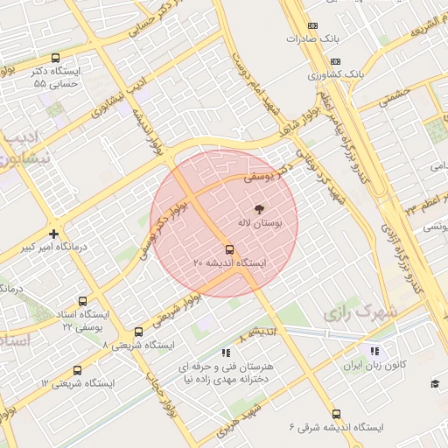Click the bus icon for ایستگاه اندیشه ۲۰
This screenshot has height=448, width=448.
pos(230,249)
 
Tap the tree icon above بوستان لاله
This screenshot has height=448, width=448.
pos(259,209)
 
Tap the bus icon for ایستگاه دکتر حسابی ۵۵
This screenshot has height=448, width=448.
pos(56,58)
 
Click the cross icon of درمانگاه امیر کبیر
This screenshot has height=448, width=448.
pos(54,234)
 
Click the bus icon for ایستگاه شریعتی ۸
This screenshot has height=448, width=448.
pos(138,332)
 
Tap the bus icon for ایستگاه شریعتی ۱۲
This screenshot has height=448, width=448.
pos(78,370)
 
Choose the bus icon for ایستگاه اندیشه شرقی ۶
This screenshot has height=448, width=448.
pos(336,414)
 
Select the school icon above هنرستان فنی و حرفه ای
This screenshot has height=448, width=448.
pos(226,353)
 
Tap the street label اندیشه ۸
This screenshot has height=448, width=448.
pos(257,333)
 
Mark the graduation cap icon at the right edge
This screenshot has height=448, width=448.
pos(435,383)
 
